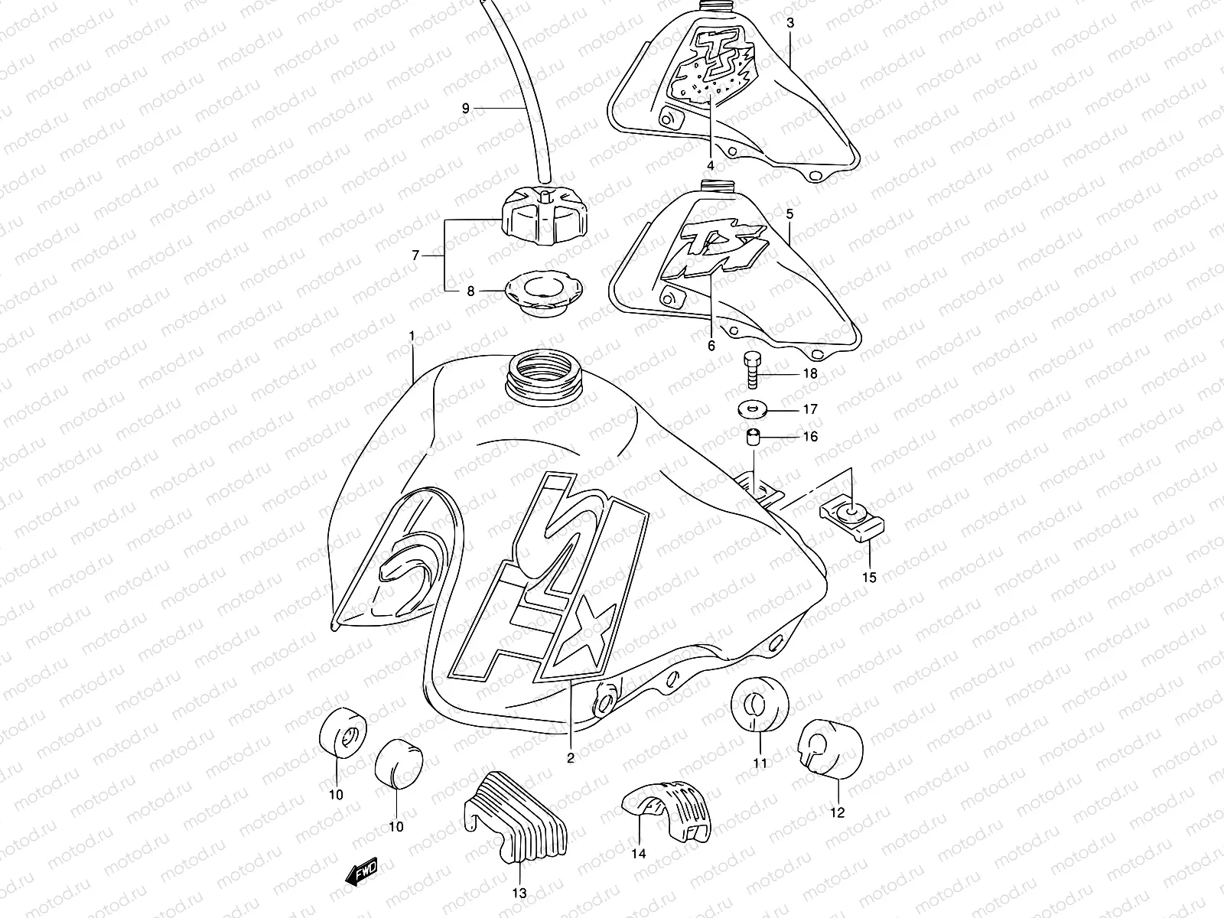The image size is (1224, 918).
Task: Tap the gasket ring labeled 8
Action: (544, 294)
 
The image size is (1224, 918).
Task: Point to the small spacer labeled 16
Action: (754, 438)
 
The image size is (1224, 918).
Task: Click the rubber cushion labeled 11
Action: (758, 703)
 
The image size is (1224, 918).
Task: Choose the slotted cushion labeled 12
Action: (831, 745)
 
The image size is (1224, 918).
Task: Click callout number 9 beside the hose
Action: (465, 109)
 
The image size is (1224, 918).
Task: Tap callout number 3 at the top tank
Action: (790, 23)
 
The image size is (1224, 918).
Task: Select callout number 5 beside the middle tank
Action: (790, 215)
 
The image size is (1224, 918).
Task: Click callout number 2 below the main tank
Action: (571, 758)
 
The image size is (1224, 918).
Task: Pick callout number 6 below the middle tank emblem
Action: (711, 346)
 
